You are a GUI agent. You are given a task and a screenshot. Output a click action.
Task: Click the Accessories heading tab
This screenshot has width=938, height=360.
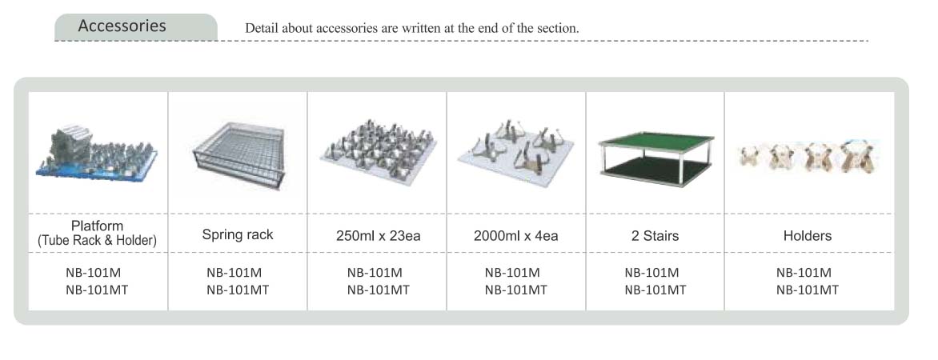point(136,27)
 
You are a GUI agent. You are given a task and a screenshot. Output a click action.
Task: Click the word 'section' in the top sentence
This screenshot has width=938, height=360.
point(559,27)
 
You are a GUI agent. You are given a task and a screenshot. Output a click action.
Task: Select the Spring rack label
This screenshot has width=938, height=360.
point(238,234)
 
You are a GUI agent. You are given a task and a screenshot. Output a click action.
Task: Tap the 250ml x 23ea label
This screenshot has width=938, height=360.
point(378,236)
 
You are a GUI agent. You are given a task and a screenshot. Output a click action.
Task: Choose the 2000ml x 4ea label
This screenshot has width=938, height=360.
point(515,236)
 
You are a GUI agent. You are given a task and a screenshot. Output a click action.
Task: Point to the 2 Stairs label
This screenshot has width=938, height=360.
point(655,236)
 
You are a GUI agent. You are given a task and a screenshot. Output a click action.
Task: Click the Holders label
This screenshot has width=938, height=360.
point(807,236)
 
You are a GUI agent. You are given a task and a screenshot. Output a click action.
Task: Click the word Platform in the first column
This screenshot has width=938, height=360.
point(97,226)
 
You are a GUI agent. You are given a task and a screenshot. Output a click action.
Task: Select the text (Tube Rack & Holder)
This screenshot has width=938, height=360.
point(97,240)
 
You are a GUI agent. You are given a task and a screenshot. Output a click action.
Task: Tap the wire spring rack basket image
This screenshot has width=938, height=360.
point(239,154)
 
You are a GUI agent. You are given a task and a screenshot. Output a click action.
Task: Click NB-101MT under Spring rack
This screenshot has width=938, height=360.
point(238,290)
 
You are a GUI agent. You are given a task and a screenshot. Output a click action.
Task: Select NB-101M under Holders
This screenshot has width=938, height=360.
point(804,273)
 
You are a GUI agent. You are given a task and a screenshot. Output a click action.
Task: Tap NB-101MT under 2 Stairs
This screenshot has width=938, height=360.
point(655,290)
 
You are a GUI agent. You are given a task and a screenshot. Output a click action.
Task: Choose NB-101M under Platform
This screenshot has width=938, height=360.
point(94,273)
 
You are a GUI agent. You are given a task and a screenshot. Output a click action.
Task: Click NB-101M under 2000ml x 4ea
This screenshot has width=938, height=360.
point(512,273)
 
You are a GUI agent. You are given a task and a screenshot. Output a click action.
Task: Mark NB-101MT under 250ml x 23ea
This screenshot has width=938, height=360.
point(378,290)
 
